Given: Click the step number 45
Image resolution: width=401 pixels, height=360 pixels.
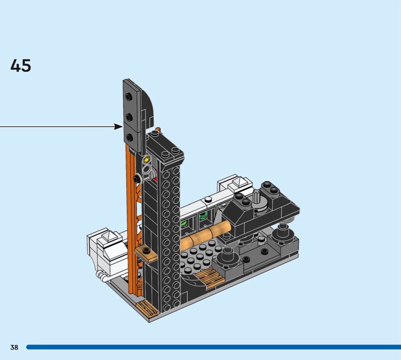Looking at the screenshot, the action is tap(21, 66).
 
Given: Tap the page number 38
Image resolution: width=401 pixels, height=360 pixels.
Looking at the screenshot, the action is tap(15, 347).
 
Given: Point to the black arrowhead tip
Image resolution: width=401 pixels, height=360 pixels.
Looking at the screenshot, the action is tap(123, 126).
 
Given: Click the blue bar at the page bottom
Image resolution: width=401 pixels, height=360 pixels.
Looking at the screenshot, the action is tap(214, 347).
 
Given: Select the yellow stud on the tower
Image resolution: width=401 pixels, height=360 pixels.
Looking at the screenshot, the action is tap(146, 160).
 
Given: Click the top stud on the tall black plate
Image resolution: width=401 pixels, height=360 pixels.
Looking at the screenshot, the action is tap(128, 97).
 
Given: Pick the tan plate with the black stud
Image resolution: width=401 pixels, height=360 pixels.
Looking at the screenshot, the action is tap(146, 253).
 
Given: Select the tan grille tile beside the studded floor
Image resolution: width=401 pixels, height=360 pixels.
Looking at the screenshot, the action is tap(210, 278).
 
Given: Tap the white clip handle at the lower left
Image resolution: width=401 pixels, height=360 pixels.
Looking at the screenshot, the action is tap(102, 276).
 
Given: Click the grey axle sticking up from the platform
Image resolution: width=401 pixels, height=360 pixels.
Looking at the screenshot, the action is tap(257, 198).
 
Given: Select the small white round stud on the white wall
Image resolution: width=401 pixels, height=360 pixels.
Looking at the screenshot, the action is tap(208, 199).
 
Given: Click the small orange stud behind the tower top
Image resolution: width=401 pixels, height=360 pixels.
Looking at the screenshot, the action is tap(158, 129).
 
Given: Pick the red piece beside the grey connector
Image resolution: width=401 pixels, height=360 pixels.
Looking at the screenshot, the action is tap(155, 178).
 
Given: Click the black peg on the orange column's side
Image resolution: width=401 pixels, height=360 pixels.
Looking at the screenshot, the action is tap(137, 178).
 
